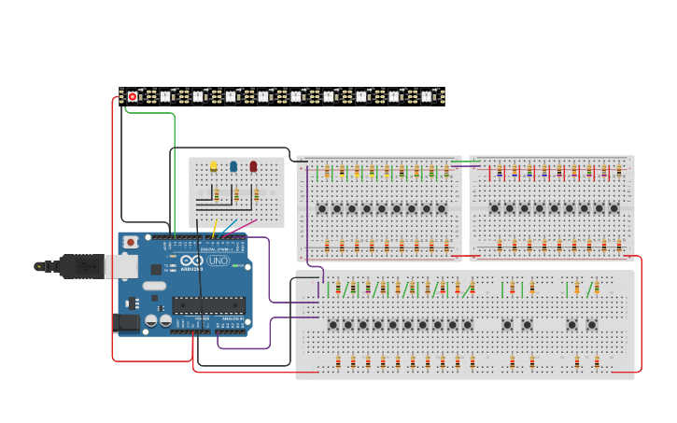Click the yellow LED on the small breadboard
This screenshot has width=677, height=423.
point(213,166)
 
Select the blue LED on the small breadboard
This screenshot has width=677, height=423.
point(233,166)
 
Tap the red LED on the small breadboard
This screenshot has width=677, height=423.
point(253,166)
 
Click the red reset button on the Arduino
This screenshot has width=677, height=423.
point(131,242)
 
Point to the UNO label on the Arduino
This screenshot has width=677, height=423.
point(219,261)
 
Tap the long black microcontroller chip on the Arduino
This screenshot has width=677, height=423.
point(208,304)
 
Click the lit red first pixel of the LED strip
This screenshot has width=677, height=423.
point(133,96)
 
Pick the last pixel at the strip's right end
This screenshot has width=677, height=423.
point(427,96)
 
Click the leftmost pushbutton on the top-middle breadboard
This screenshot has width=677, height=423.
point(321,208)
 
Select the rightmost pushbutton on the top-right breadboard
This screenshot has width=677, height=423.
point(614,208)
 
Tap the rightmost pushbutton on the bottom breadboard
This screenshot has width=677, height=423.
point(592,325)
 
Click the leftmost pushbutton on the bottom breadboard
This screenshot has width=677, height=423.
point(332,325)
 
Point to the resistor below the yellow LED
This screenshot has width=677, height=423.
point(217,194)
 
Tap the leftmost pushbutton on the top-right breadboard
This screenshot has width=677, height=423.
point(494,208)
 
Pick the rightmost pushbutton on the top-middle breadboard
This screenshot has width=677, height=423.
point(442,208)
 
